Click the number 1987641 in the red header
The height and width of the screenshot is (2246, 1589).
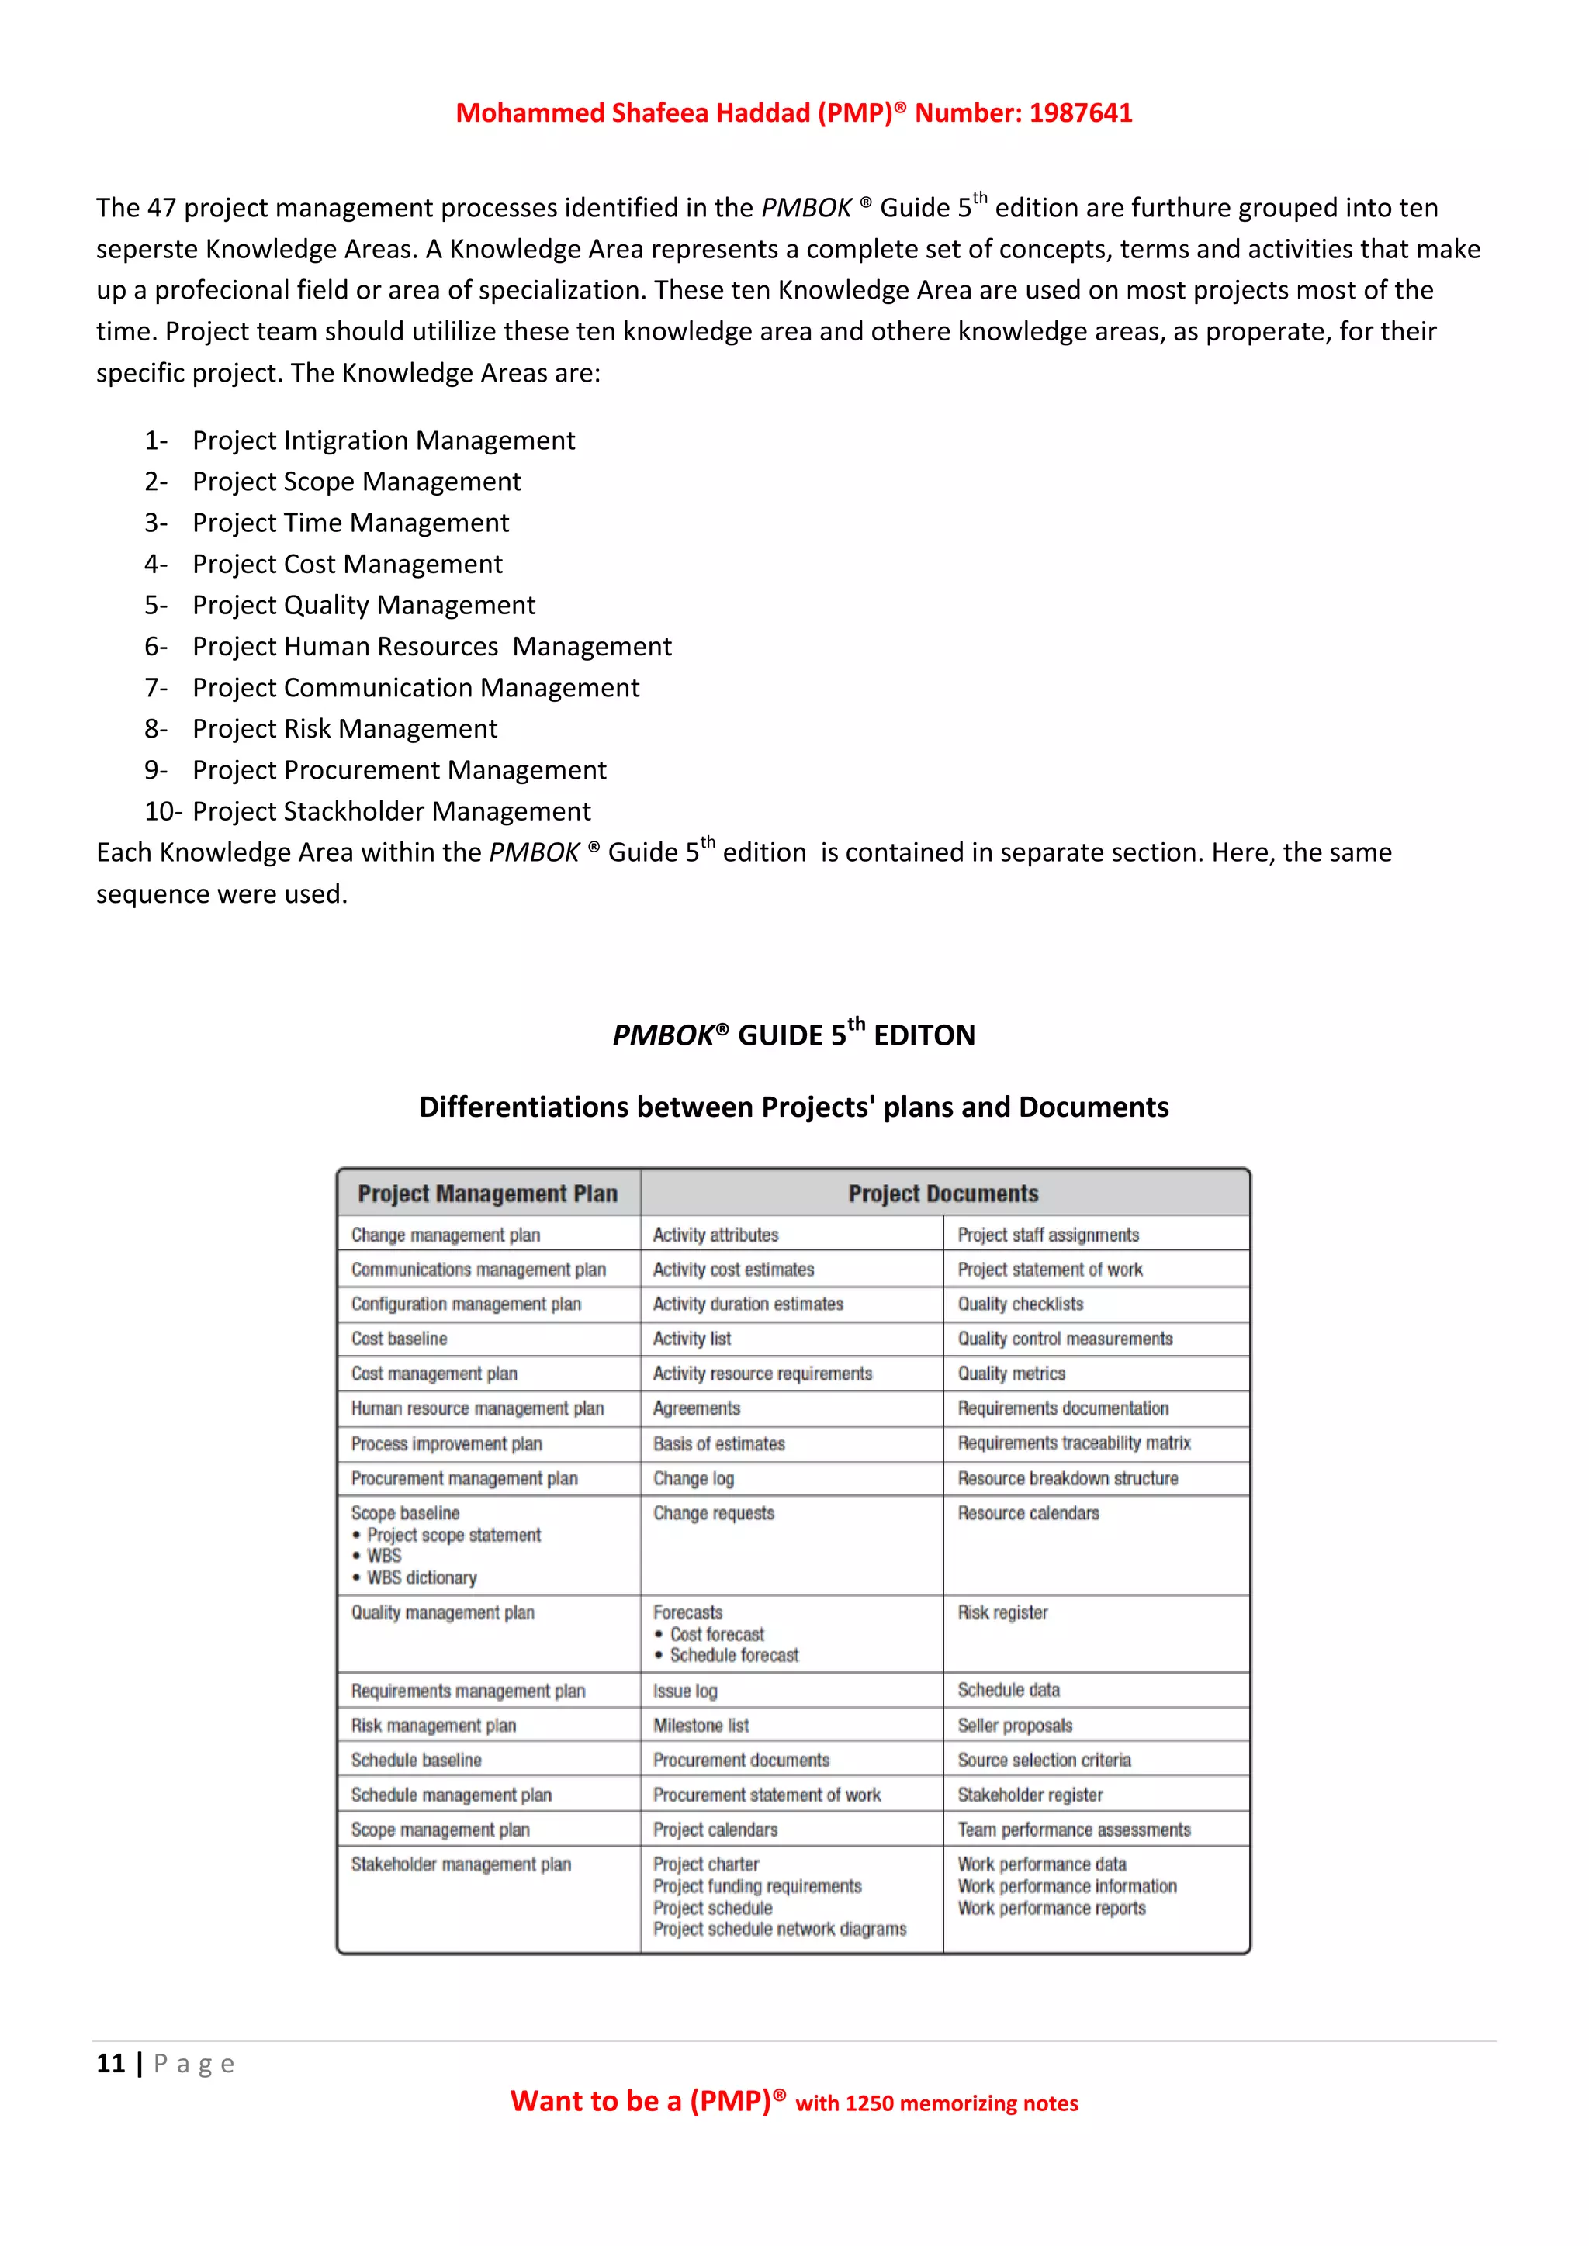pos(1080,113)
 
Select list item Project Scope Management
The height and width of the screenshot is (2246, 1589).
pos(356,482)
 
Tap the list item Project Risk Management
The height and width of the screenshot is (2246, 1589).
pos(344,729)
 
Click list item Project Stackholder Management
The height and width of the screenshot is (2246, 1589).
pos(391,811)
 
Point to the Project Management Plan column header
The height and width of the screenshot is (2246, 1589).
pos(487,1194)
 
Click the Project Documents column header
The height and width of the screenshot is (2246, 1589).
pos(943,1194)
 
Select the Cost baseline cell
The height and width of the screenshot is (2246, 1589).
pos(400,1338)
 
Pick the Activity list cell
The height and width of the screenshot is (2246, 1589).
pos(692,1338)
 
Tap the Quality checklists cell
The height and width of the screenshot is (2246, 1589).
pos(1020,1304)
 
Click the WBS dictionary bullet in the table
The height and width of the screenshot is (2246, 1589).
pos(422,1578)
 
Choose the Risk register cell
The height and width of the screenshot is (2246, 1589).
pos(1002,1612)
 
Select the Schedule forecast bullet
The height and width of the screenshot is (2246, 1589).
pos(734,1655)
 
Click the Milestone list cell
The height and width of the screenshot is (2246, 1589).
pos(701,1726)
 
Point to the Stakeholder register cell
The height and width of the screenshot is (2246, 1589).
pos(1030,1795)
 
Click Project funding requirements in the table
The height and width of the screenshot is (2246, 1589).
pos(757,1886)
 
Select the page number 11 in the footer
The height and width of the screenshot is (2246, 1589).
pos(111,2064)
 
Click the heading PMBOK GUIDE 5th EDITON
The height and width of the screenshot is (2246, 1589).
pos(794,1035)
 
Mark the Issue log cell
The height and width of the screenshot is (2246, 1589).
pos(685,1691)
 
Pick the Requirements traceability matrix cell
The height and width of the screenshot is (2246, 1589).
pos(1073,1443)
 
